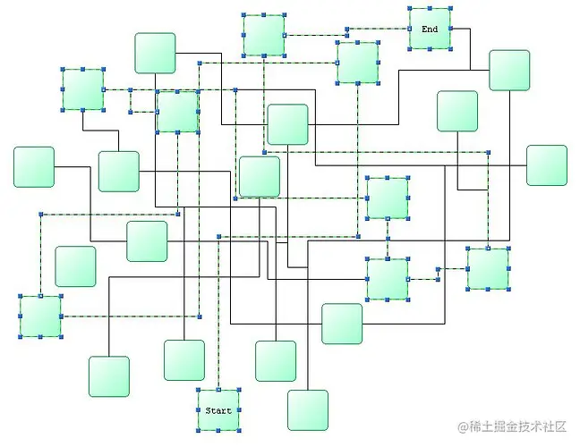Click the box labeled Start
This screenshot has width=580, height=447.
(x=218, y=410)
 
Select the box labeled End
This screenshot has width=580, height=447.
(x=430, y=30)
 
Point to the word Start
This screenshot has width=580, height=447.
(x=218, y=411)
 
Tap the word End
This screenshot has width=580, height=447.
(x=430, y=30)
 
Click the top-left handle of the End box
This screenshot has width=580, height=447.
(x=410, y=9)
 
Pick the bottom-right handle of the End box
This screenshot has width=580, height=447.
(x=450, y=49)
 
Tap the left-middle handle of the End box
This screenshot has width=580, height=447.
(x=410, y=30)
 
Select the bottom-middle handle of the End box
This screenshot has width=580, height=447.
(x=430, y=49)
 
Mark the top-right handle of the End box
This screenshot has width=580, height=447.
(x=450, y=9)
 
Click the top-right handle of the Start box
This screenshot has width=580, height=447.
(x=239, y=391)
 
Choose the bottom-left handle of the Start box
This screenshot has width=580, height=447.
(x=198, y=431)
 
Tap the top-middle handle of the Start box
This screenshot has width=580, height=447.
(x=218, y=391)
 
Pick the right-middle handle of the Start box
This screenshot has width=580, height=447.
(x=239, y=411)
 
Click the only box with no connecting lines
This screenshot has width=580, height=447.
(x=75, y=266)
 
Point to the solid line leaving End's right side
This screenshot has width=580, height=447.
(x=461, y=29)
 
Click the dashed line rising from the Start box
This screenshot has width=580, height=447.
(x=218, y=313)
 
